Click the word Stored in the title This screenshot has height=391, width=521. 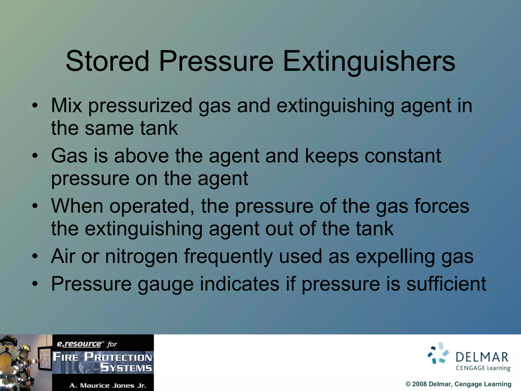point(107,61)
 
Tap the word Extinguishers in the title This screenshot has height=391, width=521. point(369,61)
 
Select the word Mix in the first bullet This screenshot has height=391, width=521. point(67,105)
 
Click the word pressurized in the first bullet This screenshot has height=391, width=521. point(140,106)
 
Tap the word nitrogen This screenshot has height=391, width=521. point(141,256)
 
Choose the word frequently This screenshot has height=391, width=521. point(228,256)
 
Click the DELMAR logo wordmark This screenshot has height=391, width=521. point(482,357)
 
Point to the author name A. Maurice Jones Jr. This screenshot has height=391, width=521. point(108,385)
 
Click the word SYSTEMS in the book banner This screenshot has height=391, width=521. point(126,368)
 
